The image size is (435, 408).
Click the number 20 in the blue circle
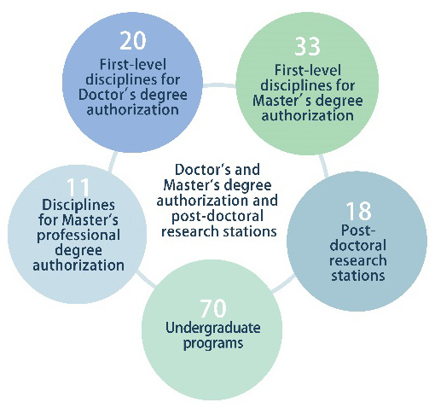(133, 40)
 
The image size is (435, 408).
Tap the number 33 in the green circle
(307, 46)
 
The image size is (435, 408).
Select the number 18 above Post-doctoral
(358, 211)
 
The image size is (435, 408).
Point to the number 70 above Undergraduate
(213, 308)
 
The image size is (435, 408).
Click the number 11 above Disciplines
(78, 186)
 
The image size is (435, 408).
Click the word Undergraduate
(213, 328)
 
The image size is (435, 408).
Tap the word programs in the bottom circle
(213, 343)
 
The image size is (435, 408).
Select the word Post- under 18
(358, 230)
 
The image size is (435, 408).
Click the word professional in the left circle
(78, 236)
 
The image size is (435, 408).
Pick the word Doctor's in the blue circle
(108, 95)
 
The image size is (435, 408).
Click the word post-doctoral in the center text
(217, 216)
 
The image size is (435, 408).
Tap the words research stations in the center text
(219, 231)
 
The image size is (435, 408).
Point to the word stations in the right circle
(358, 276)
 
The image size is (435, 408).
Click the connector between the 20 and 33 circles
(219, 85)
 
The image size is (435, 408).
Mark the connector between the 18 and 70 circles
(283, 284)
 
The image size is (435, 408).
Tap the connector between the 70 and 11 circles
(146, 279)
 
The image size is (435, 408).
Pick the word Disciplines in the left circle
(78, 205)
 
